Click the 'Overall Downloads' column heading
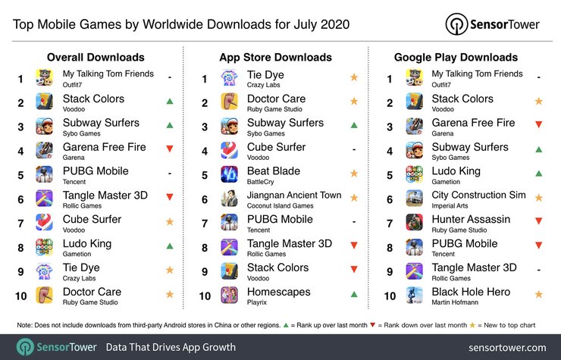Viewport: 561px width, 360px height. tap(96, 57)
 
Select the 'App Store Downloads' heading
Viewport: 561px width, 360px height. tap(276, 57)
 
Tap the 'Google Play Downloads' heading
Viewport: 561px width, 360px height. tap(456, 57)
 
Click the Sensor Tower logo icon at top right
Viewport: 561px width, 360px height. tap(456, 23)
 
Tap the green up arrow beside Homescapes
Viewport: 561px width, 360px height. tap(353, 296)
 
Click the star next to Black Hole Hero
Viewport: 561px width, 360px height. tap(538, 296)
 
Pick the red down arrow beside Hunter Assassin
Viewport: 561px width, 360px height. tap(538, 223)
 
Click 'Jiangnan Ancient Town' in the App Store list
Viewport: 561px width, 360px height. tap(294, 195)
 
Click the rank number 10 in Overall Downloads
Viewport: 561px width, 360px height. tap(22, 296)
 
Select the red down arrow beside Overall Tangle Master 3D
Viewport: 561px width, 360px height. tap(170, 199)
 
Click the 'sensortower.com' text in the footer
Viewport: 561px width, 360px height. tap(507, 347)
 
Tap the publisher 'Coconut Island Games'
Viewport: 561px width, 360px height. tap(281, 206)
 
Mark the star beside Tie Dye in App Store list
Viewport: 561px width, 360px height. tap(353, 78)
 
